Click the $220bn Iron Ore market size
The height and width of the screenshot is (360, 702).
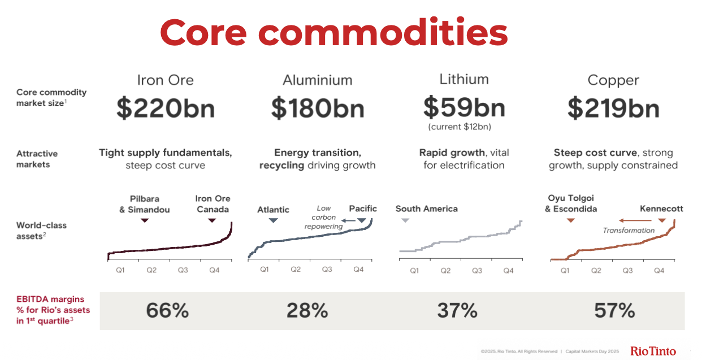tap(166, 108)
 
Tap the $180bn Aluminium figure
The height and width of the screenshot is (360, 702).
tap(318, 108)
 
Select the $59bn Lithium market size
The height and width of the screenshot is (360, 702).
tap(464, 106)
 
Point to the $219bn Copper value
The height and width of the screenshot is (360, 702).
tap(613, 108)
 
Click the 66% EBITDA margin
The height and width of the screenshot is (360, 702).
tap(167, 310)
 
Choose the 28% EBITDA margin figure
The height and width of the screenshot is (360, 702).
tap(307, 310)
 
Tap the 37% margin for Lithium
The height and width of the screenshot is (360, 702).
tap(457, 310)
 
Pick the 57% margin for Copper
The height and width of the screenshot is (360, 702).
tap(614, 310)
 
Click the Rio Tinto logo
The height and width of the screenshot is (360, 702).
tap(653, 351)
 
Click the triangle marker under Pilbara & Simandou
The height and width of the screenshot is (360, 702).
tap(145, 220)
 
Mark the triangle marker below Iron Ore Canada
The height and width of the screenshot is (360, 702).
tap(212, 220)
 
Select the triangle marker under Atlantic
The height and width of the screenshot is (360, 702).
tap(274, 220)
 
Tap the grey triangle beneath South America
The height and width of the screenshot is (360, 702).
tap(405, 220)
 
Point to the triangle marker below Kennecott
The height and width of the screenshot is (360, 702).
tap(661, 220)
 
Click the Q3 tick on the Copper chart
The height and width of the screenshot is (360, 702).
tap(627, 271)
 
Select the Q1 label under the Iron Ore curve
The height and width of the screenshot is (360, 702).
tap(120, 270)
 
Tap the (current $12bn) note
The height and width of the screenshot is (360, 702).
tap(464, 126)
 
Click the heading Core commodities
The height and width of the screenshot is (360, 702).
tap(333, 32)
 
